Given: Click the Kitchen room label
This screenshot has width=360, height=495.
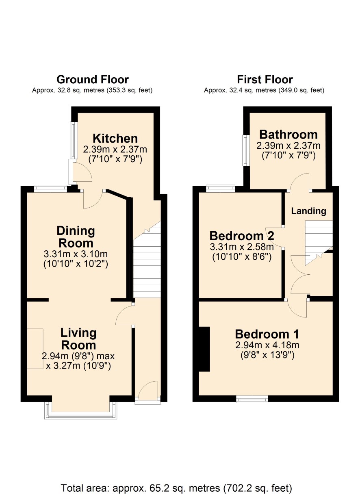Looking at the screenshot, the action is (115, 139).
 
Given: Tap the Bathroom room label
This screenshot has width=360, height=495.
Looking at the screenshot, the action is (288, 135).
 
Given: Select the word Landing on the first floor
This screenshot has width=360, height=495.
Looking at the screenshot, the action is (308, 211).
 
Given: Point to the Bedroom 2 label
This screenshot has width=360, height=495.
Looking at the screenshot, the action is (242, 236).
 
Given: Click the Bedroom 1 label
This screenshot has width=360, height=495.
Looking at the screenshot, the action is (267, 334).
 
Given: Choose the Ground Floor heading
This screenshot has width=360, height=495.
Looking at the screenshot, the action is (93, 80).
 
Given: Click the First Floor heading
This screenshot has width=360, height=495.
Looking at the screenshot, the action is (265, 80).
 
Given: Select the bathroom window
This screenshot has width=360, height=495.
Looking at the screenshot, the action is (246, 150).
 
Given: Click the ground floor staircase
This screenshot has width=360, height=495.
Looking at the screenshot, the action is (147, 260).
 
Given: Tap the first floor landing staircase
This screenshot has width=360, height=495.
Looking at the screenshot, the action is (319, 242).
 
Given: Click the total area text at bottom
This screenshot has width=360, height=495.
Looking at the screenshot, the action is (176, 488).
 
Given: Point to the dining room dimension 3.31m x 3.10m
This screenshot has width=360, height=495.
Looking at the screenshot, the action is (76, 254).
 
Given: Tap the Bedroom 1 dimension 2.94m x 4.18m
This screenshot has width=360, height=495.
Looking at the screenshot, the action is (267, 345).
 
